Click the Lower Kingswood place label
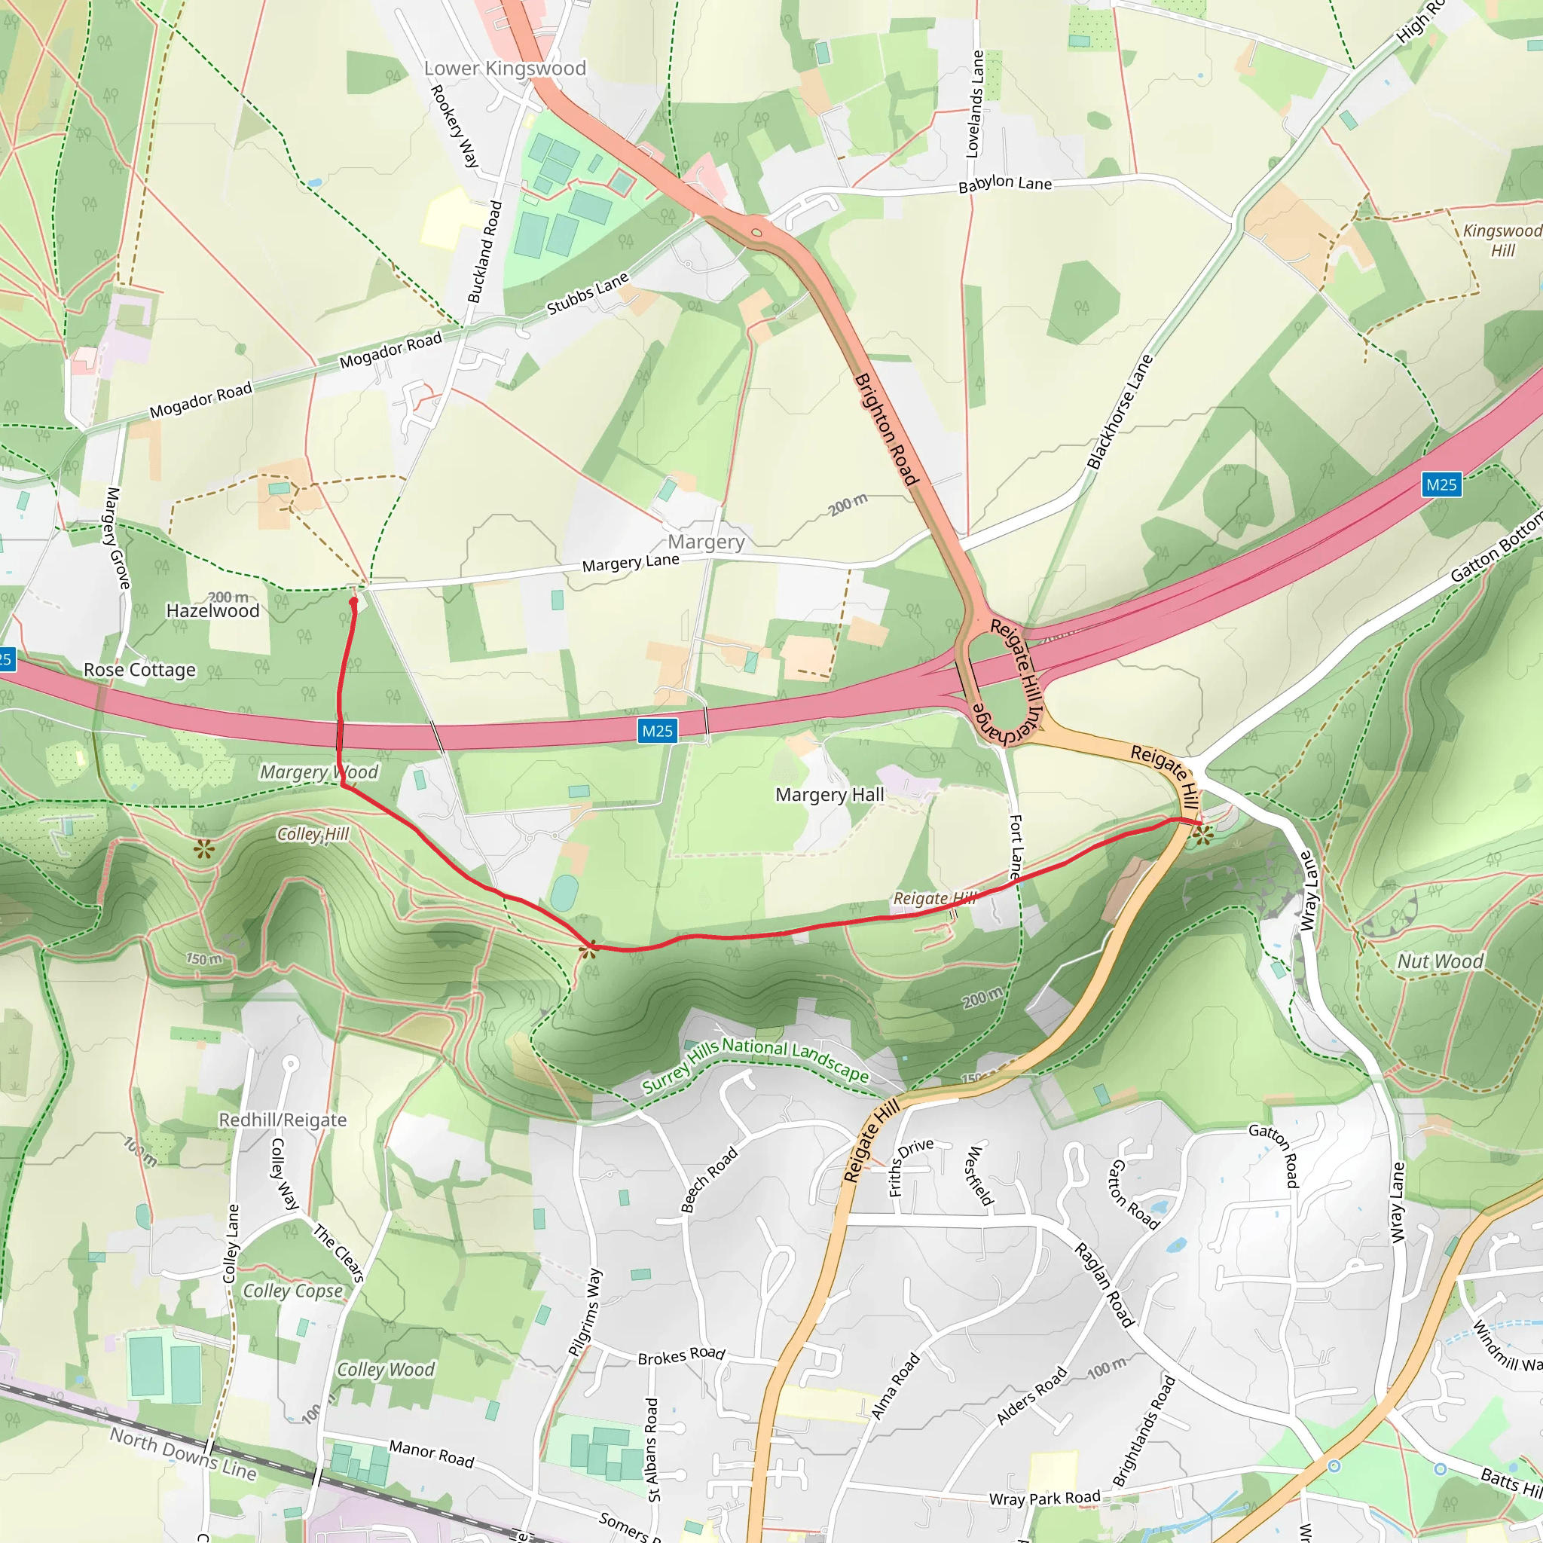[505, 69]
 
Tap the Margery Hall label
[829, 795]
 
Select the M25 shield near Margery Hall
[657, 730]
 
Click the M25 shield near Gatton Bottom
[1441, 484]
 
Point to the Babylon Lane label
[1005, 184]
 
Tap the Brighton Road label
[886, 429]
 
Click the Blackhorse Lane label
[1120, 412]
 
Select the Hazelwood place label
[212, 611]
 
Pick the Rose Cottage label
[140, 670]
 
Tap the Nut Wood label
[1440, 961]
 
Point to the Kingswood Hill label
[1502, 240]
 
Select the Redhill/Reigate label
[283, 1120]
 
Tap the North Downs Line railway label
[183, 1454]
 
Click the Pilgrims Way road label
[584, 1312]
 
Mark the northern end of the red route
[353, 601]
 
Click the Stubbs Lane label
[588, 293]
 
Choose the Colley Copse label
[292, 1291]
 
